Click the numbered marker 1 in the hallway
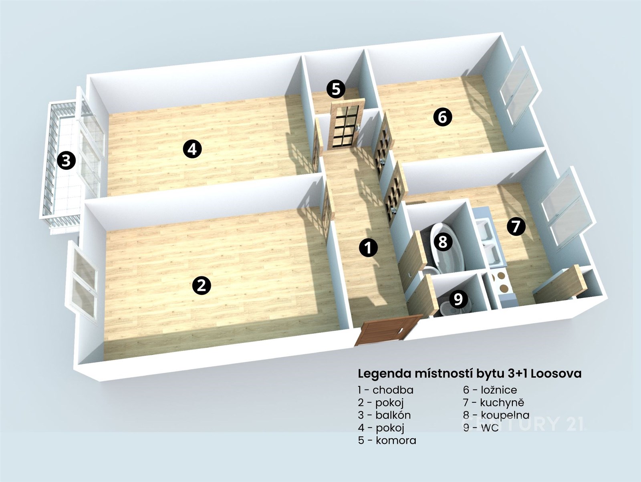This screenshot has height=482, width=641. [x=369, y=248]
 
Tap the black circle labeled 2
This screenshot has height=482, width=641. [x=202, y=285]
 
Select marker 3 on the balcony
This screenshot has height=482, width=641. [x=66, y=161]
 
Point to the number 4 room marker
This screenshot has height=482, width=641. [x=192, y=149]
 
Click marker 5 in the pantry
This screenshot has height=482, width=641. [x=336, y=89]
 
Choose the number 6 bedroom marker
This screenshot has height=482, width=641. [x=443, y=117]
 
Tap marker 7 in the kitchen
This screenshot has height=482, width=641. [x=516, y=226]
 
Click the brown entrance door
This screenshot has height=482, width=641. [x=388, y=330]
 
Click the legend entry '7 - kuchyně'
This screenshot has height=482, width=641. [x=494, y=403]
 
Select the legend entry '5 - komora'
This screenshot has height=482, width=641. [x=387, y=440]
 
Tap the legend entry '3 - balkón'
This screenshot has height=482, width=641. [x=384, y=415]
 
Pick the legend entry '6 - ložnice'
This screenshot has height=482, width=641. [x=490, y=390]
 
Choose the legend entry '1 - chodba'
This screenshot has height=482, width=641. [x=385, y=390]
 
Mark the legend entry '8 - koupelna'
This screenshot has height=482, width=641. [x=496, y=415]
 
